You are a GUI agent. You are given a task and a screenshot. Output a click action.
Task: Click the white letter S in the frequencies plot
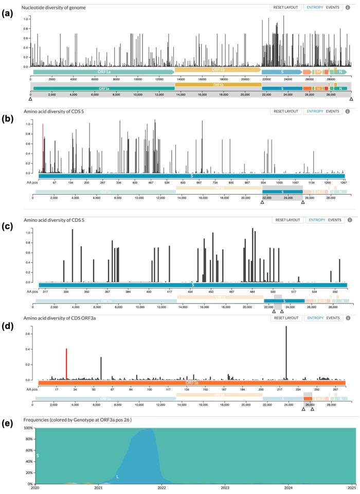(38, 441)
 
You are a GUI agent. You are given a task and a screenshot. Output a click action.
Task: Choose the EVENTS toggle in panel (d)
(333, 318)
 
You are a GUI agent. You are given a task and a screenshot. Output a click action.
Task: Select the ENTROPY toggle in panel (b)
(315, 111)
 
